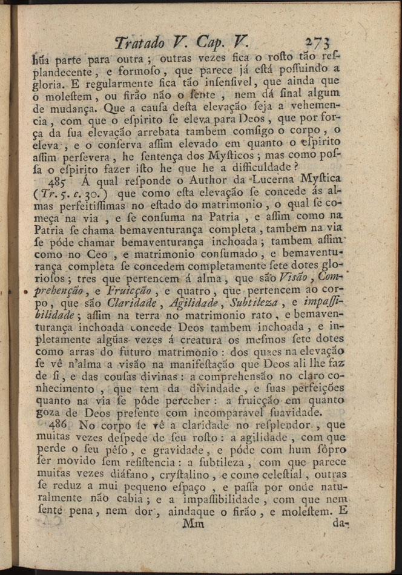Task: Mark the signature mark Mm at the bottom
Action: [x=193, y=524]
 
